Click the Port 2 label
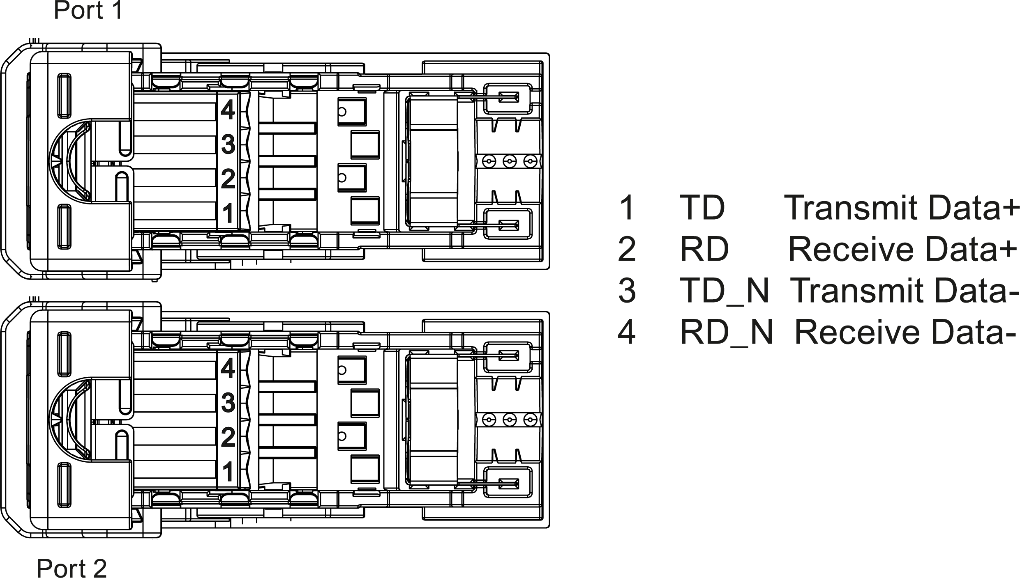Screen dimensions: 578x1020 [72, 568]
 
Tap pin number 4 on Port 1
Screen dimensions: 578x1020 [228, 110]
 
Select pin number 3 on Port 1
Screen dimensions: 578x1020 [228, 144]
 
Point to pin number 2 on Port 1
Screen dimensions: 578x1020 [228, 179]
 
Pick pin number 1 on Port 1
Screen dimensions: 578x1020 [228, 213]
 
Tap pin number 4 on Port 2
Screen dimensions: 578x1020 [228, 368]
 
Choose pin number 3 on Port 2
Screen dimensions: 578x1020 [228, 403]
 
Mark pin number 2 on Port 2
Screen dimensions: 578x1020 [228, 437]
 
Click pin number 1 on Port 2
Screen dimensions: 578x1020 [228, 472]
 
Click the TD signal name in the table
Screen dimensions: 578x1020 [702, 208]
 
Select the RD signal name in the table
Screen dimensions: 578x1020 [704, 249]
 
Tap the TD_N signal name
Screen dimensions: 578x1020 [724, 291]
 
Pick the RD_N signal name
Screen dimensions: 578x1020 [726, 332]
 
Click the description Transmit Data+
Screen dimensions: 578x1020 [902, 208]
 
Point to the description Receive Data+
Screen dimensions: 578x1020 [902, 249]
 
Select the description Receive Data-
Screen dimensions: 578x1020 [906, 332]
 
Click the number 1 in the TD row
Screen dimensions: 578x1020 [627, 208]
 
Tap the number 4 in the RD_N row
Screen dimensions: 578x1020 [627, 332]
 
